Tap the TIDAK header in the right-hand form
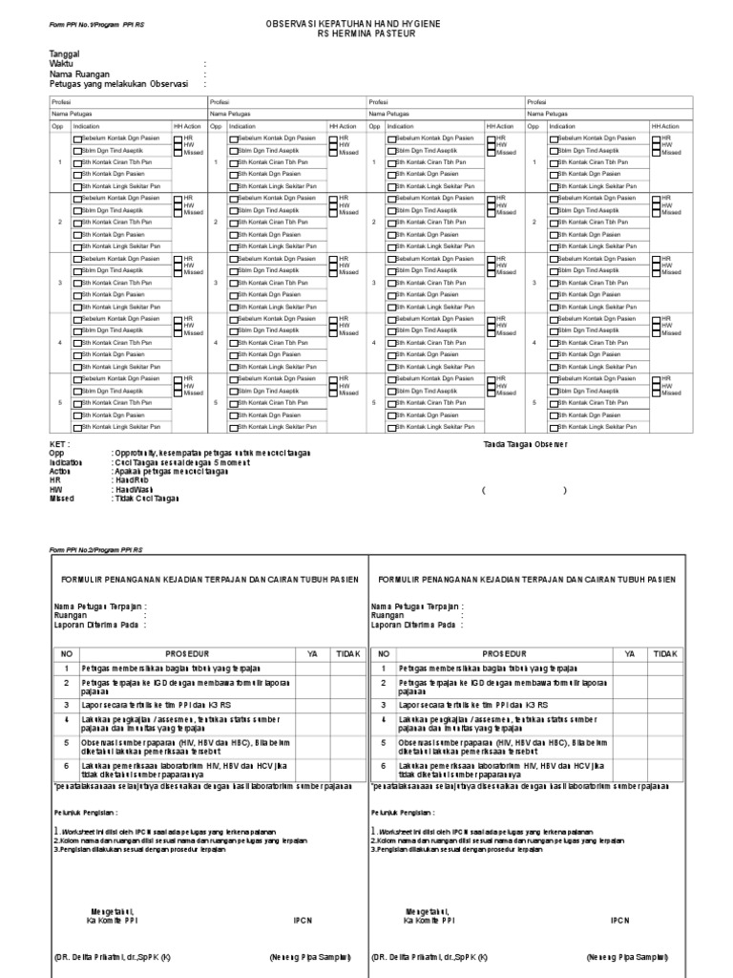(x=665, y=653)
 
